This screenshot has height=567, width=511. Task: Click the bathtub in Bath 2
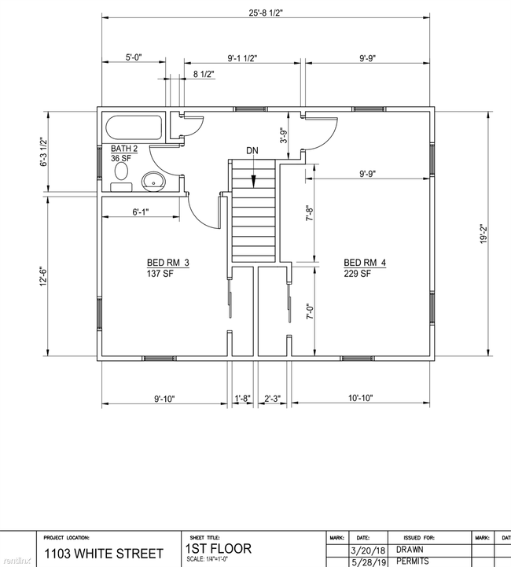click(133, 128)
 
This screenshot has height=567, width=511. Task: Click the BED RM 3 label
click(167, 263)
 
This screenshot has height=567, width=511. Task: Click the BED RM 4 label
click(365, 263)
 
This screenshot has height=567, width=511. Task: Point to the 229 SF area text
click(357, 274)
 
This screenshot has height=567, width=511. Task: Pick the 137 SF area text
click(160, 274)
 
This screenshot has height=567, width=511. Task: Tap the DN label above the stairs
click(252, 150)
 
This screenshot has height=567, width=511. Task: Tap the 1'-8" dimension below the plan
click(242, 399)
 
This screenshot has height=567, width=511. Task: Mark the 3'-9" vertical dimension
click(284, 135)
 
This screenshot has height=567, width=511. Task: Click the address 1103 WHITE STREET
click(104, 554)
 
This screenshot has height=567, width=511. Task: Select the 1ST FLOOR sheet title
click(219, 548)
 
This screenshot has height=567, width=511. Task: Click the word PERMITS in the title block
click(412, 561)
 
